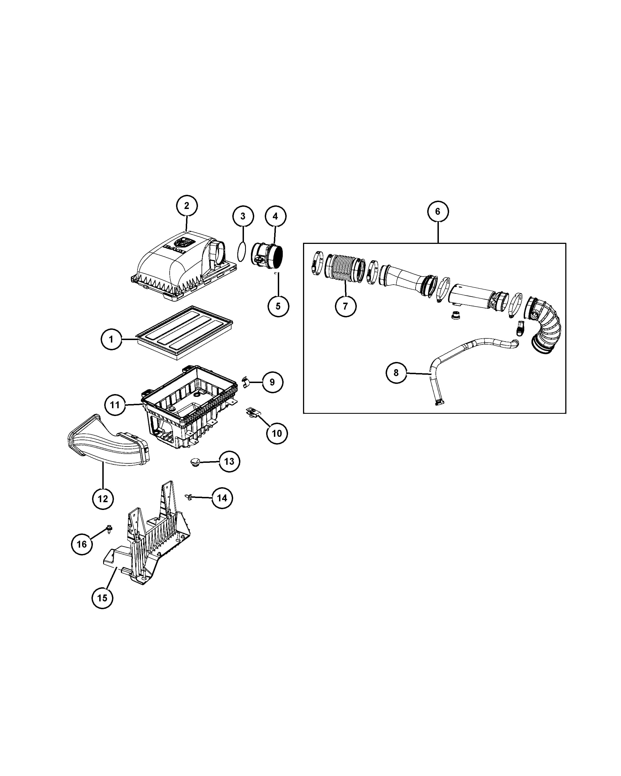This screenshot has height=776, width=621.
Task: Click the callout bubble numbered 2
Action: (x=187, y=206)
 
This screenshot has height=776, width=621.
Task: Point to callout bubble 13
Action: (x=229, y=461)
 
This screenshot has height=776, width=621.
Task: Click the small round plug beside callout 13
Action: (x=195, y=462)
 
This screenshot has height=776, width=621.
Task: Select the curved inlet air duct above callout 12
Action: (x=108, y=441)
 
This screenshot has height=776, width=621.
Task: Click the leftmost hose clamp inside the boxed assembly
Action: (x=317, y=264)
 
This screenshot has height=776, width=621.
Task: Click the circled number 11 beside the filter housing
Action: (x=115, y=405)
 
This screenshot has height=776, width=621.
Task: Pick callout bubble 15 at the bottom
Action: (x=102, y=598)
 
